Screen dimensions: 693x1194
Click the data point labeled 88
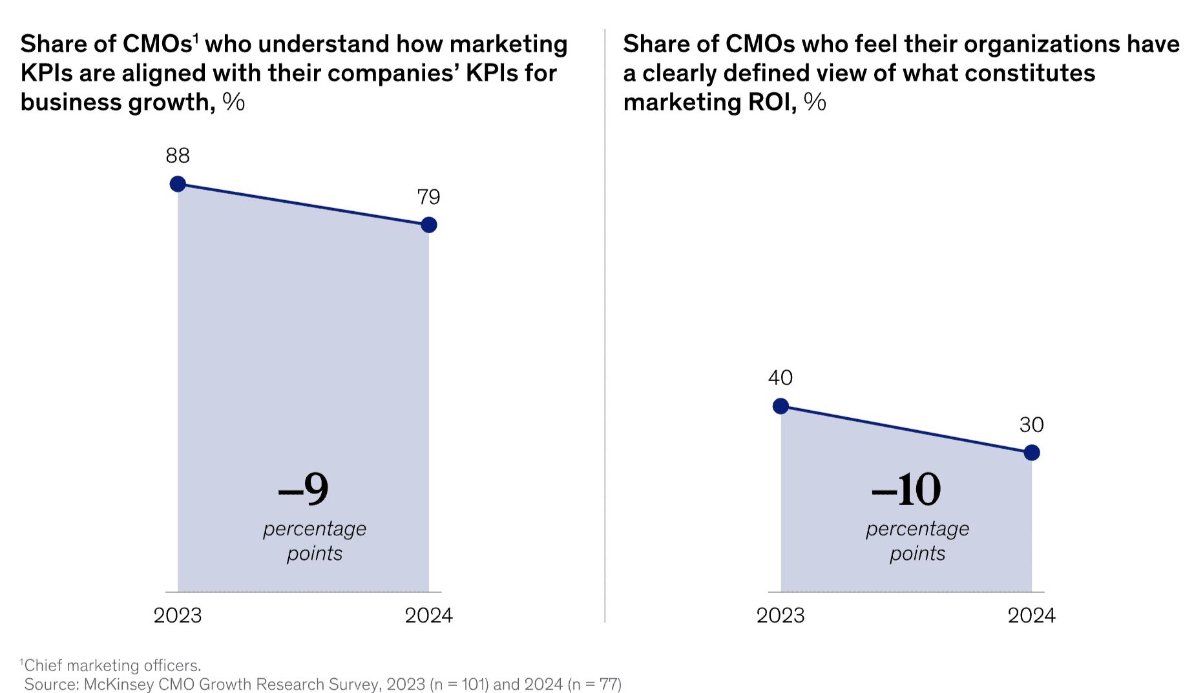point(178,184)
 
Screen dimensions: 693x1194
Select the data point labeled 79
point(428,225)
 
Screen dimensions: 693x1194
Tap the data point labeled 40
point(780,406)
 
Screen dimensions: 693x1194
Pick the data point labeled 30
point(1032,453)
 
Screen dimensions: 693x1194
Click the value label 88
point(178,156)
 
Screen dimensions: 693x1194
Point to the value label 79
point(428,197)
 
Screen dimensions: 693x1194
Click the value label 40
point(780,378)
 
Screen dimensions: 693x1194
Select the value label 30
point(1032,425)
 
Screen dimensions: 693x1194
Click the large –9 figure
point(304,489)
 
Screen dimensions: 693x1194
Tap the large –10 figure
point(906,489)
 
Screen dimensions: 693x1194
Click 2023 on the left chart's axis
point(178,615)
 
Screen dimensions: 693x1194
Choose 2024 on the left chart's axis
point(428,615)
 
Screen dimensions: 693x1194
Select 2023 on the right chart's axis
point(780,615)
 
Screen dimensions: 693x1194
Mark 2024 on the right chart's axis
point(1032,615)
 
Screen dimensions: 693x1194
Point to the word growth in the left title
point(171,102)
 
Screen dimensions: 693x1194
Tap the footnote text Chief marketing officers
point(112,665)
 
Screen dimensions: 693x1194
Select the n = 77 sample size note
point(594,684)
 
